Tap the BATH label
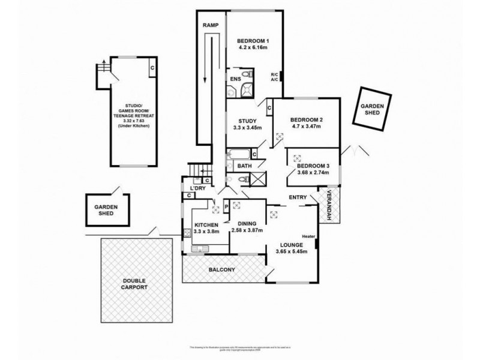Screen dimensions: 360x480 point(244,166)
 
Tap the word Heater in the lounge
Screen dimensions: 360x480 point(308,235)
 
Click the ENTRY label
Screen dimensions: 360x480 point(298,197)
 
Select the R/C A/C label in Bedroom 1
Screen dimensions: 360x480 point(274,76)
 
